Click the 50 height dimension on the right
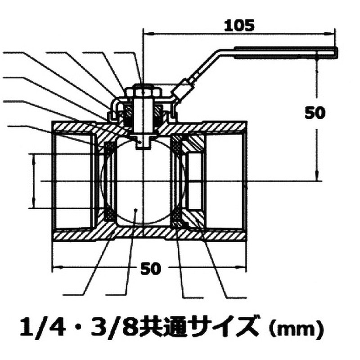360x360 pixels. tap(315, 112)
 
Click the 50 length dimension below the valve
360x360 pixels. tap(150, 269)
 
